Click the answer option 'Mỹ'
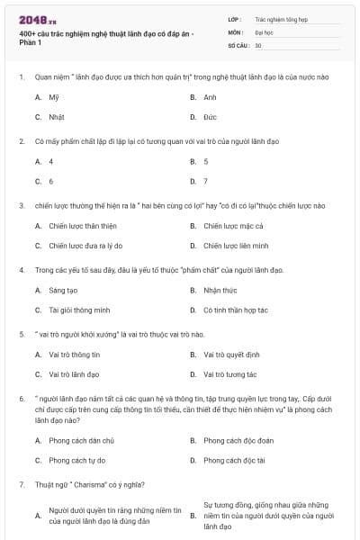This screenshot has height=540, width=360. pyautogui.click(x=54, y=96)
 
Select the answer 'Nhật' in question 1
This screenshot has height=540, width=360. pyautogui.click(x=56, y=117)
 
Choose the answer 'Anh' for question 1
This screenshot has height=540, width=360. pyautogui.click(x=210, y=96)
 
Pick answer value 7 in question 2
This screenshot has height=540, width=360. pyautogui.click(x=206, y=181)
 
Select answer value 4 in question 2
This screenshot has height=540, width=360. pyautogui.click(x=51, y=161)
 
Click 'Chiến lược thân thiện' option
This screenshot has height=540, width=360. pyautogui.click(x=83, y=226)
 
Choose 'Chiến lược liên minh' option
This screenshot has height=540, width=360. pyautogui.click(x=236, y=246)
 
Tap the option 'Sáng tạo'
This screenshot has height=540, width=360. pyautogui.click(x=63, y=290)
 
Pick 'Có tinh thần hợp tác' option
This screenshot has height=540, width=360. pyautogui.click(x=236, y=310)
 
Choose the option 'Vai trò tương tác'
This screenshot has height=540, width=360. pyautogui.click(x=230, y=373)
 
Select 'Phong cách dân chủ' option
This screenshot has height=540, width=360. pyautogui.click(x=81, y=440)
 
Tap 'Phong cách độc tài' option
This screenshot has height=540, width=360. pyautogui.click(x=234, y=460)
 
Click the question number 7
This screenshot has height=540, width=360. pyautogui.click(x=21, y=484)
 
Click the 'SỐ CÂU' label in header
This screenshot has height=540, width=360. pyautogui.click(x=239, y=44)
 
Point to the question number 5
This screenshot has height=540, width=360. pyautogui.click(x=21, y=334)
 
